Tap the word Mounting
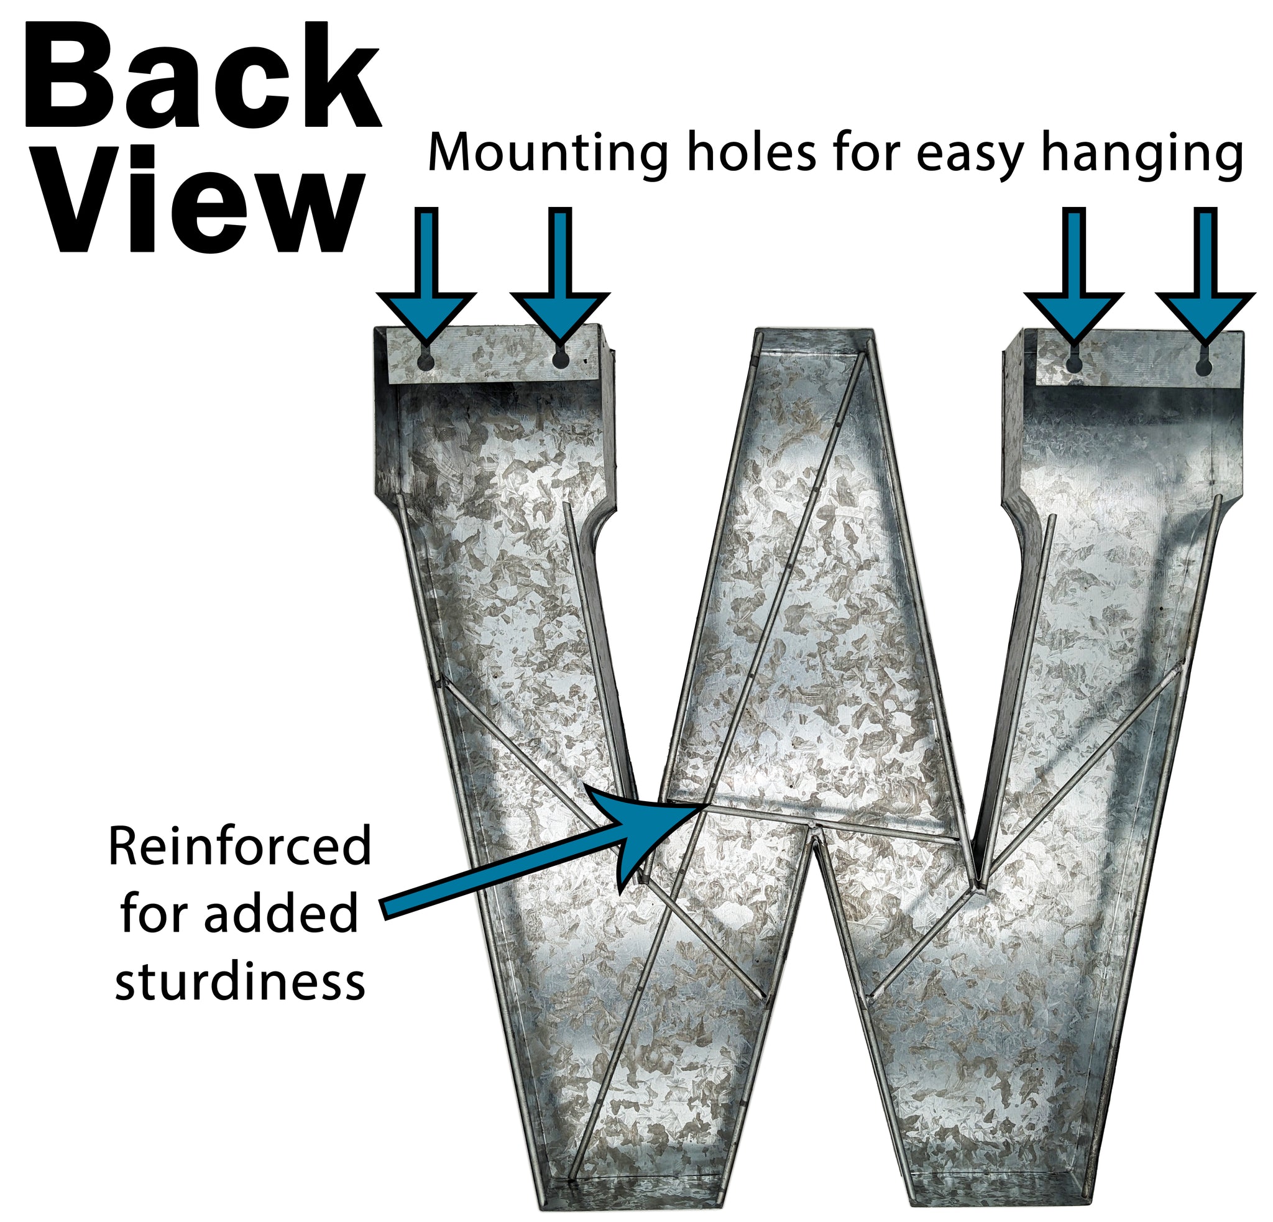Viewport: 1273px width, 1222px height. tap(548, 155)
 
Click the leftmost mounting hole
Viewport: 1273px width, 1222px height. tap(425, 361)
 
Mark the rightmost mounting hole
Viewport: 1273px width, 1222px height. tap(1203, 367)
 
